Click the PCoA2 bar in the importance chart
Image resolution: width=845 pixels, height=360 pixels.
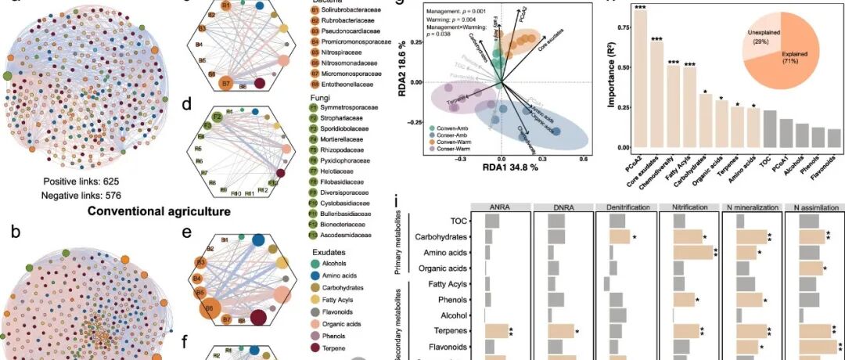pyautogui.click(x=641, y=78)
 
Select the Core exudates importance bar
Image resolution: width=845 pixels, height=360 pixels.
pyautogui.click(x=656, y=94)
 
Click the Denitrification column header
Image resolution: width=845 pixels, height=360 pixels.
pyautogui.click(x=624, y=207)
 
